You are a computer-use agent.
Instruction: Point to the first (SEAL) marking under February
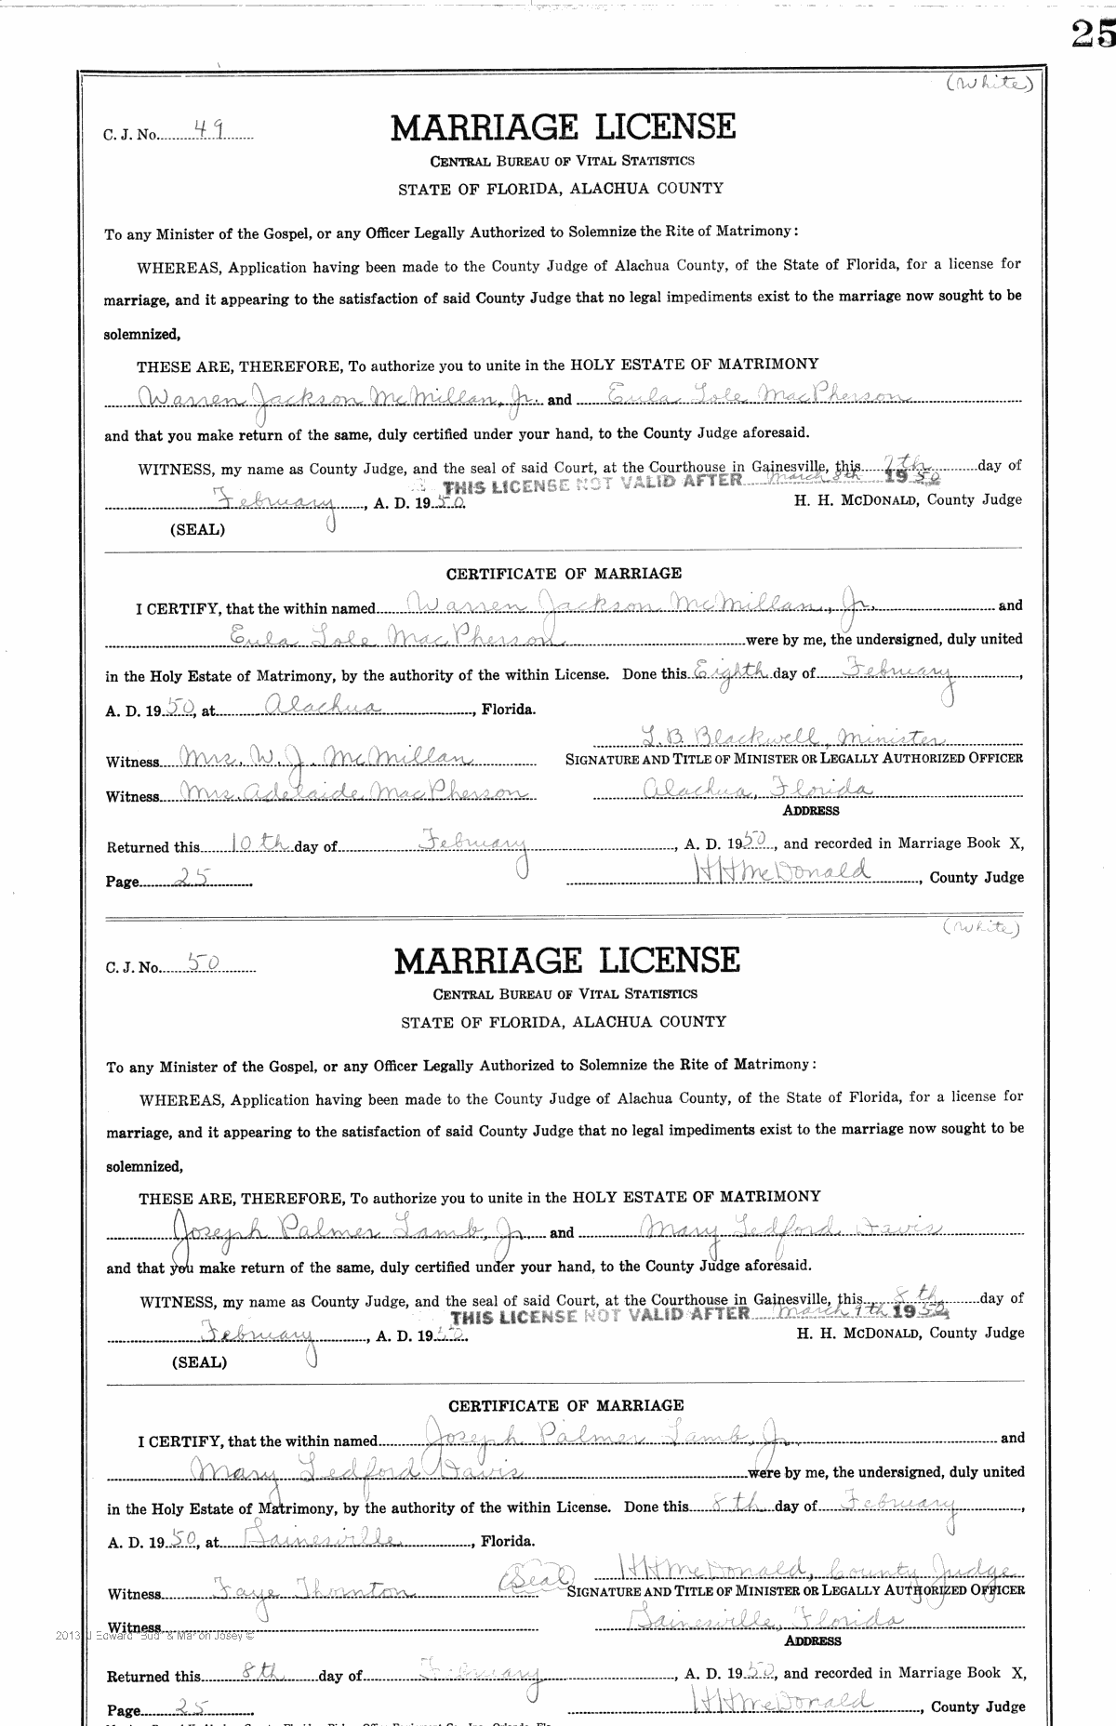tap(196, 529)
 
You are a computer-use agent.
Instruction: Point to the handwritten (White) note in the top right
tap(989, 85)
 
